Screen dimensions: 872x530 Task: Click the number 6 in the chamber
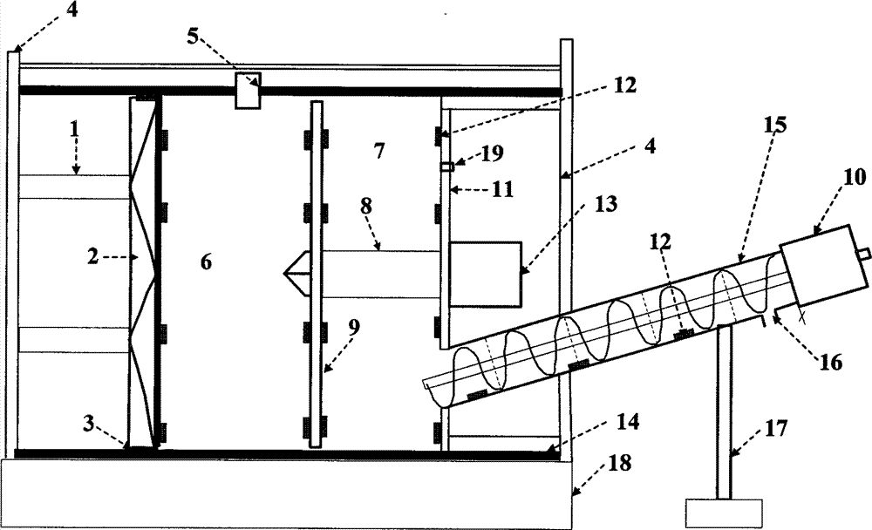pos(207,261)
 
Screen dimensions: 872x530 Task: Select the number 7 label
pos(378,151)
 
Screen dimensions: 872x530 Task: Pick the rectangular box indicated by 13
pos(486,274)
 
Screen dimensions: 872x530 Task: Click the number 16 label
pos(830,361)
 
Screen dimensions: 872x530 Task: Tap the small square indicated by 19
pos(446,166)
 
